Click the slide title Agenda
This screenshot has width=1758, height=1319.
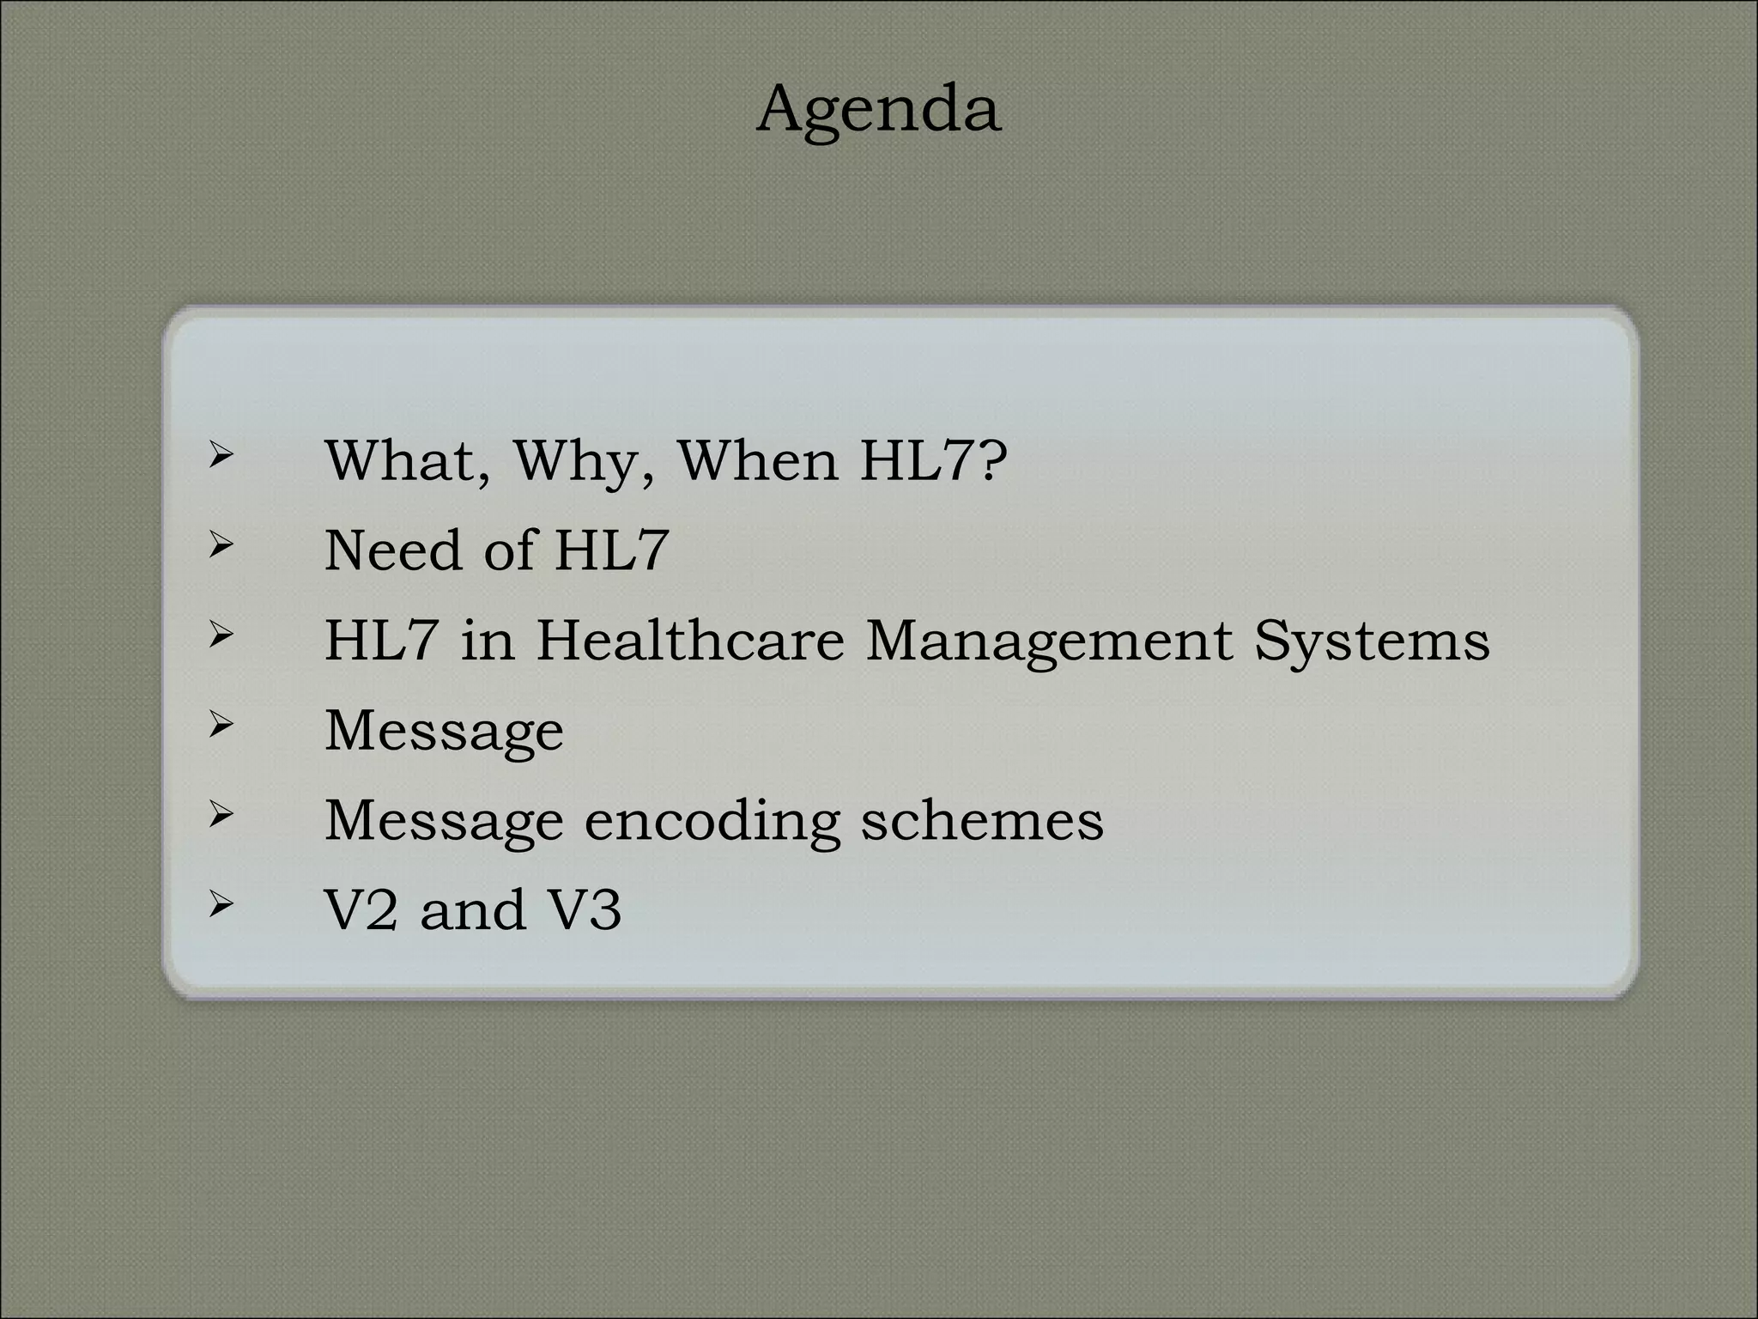point(878,111)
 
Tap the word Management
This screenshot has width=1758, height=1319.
point(1048,641)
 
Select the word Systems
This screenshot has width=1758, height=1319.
point(1371,641)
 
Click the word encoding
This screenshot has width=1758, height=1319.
point(712,821)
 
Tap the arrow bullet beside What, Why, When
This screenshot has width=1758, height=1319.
point(221,455)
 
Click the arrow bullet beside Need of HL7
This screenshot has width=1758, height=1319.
point(221,544)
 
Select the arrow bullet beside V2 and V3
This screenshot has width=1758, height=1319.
point(221,903)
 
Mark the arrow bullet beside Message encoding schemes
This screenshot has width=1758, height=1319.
point(221,814)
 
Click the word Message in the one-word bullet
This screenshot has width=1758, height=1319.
point(444,732)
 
